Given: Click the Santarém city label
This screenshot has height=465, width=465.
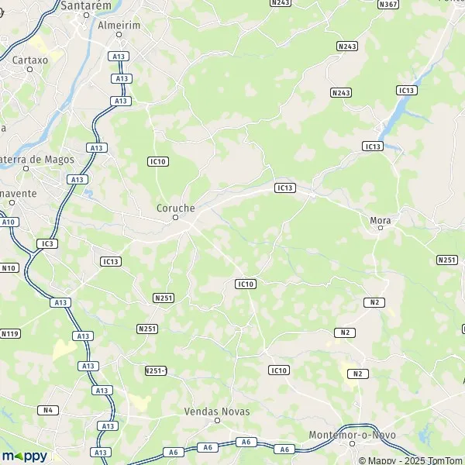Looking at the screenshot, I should pyautogui.click(x=85, y=5).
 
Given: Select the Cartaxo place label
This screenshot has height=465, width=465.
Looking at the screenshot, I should pyautogui.click(x=30, y=59).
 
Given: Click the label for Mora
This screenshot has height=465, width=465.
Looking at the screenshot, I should pyautogui.click(x=381, y=221).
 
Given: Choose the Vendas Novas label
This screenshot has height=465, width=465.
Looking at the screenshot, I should pyautogui.click(x=217, y=412).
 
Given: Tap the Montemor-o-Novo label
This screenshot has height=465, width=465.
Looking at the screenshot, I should pyautogui.click(x=352, y=435).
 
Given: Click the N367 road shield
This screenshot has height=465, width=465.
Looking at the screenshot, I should pyautogui.click(x=388, y=5).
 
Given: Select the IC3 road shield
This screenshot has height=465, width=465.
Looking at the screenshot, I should pyautogui.click(x=47, y=243).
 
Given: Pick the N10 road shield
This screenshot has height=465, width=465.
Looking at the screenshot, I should pyautogui.click(x=9, y=268).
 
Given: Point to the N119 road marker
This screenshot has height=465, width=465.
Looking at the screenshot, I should pyautogui.click(x=10, y=334).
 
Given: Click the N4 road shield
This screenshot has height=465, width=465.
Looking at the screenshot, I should pyautogui.click(x=47, y=410).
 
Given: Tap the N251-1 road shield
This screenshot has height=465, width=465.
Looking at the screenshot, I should pyautogui.click(x=156, y=370).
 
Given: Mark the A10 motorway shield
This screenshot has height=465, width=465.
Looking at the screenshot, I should pyautogui.click(x=9, y=222).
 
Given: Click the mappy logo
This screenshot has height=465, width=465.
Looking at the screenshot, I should pyautogui.click(x=24, y=456).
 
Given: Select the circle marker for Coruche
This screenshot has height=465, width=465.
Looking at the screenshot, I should pyautogui.click(x=176, y=218).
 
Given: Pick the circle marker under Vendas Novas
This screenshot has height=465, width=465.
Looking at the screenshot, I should pyautogui.click(x=217, y=421).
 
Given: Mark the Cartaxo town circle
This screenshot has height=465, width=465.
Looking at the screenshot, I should pyautogui.click(x=30, y=69).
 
